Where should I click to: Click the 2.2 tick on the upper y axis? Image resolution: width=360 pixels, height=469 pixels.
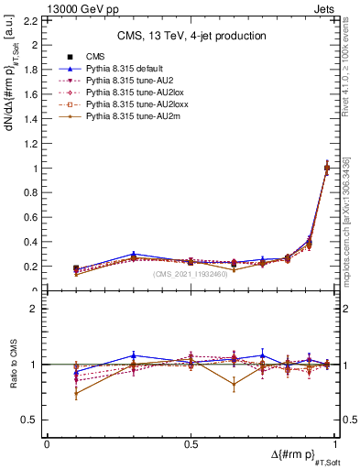[x=34, y=20]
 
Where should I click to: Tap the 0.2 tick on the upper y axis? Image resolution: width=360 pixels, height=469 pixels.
[x=34, y=267]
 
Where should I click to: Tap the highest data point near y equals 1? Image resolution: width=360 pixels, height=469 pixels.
[x=327, y=167]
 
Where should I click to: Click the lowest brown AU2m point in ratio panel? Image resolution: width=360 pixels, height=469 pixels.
[x=75, y=394]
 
